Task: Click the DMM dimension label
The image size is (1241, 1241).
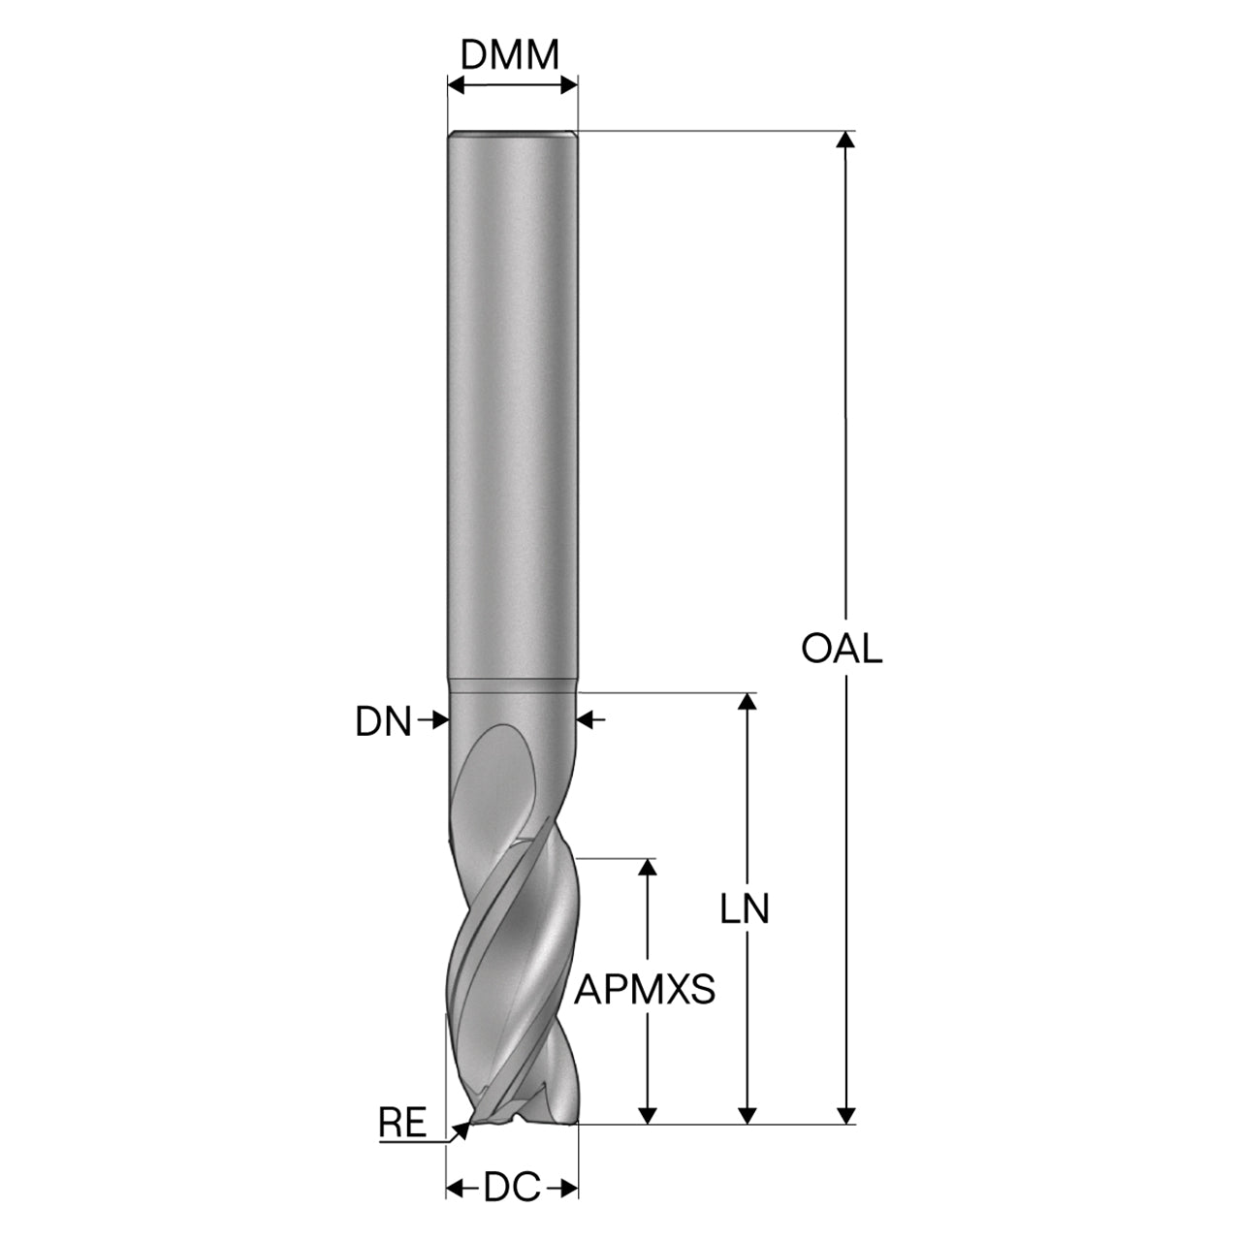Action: coord(509,55)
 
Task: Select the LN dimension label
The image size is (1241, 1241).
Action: coord(746,910)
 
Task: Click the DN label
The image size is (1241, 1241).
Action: coord(383,722)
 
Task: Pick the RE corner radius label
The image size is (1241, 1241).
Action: coord(402,1123)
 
